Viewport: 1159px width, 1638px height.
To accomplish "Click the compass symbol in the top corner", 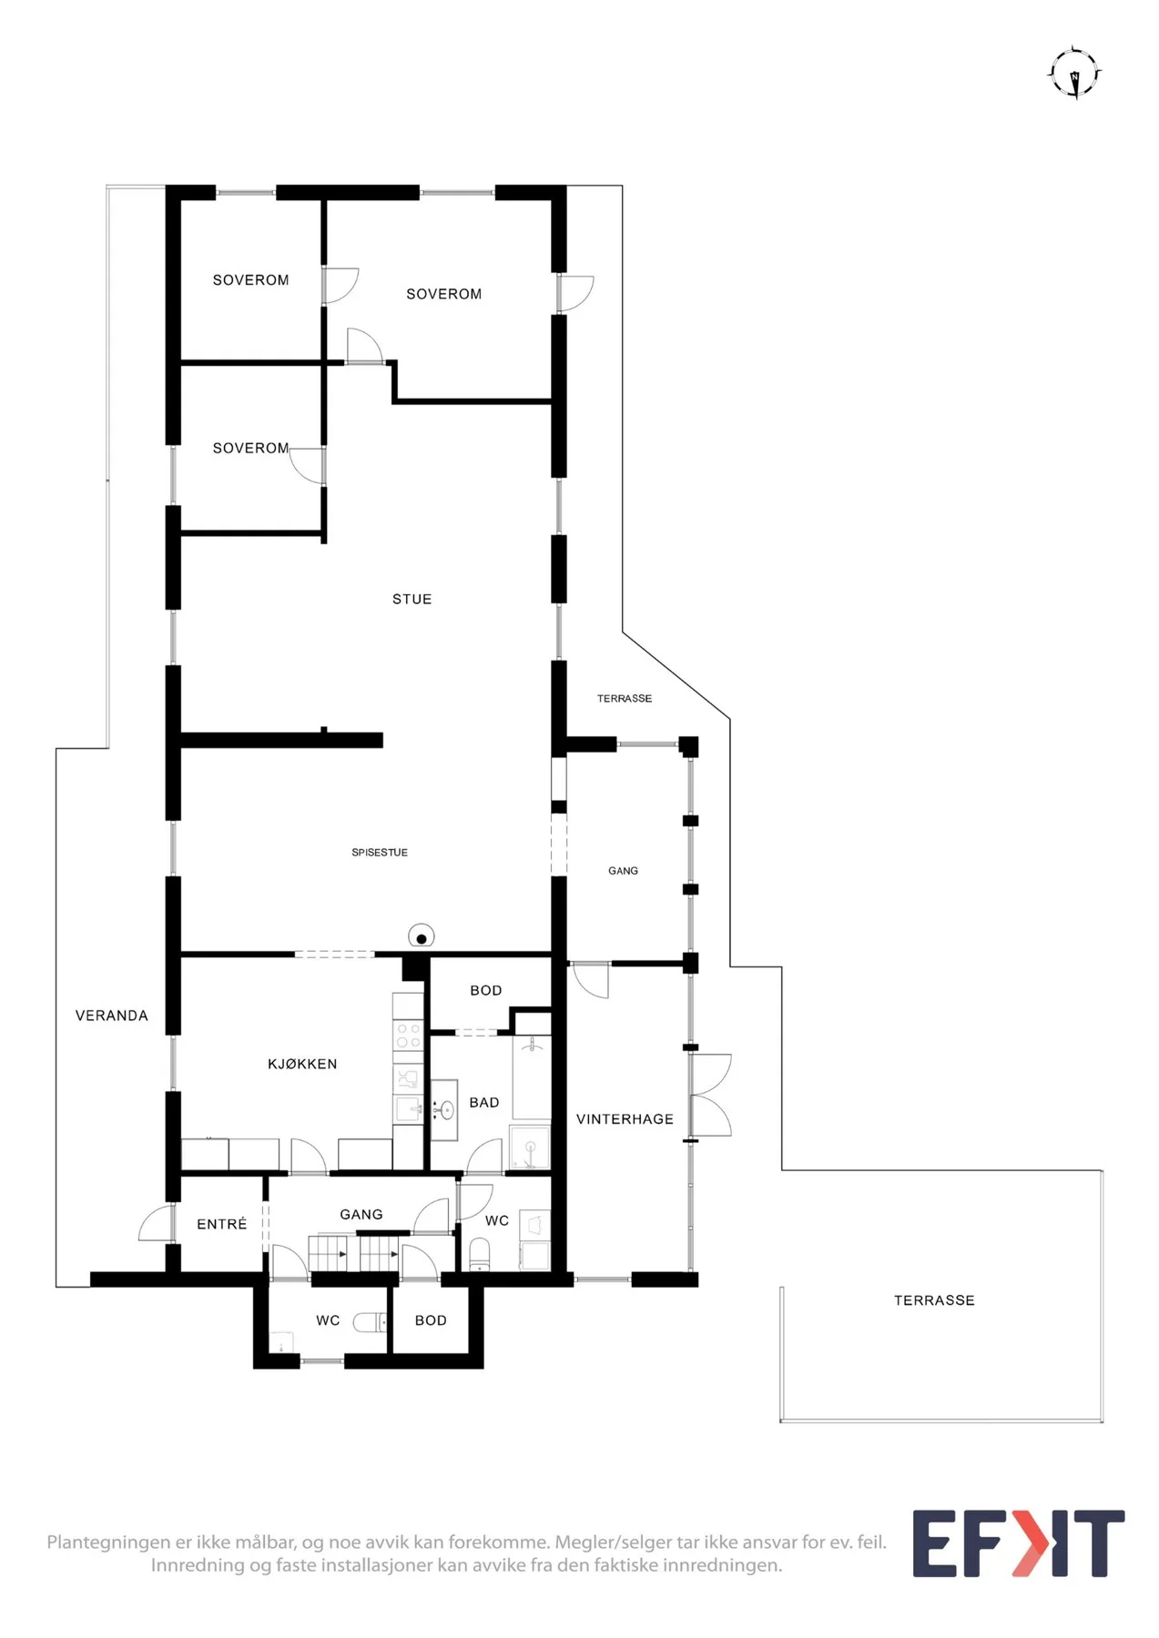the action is pos(1075,73).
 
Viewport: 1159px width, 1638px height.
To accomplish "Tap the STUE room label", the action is pos(412,599).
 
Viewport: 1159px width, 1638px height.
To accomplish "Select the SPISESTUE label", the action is pos(380,853).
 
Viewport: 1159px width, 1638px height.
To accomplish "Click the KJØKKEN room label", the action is pos(302,1064).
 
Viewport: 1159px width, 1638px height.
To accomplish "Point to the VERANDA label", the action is pos(111,1016).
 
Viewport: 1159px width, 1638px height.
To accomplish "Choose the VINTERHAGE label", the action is pos(625,1119).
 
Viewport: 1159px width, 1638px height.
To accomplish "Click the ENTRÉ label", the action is pos(222,1224).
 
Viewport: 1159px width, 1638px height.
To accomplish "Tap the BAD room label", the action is pos(484,1103).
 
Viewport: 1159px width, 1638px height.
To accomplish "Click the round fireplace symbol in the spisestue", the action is pos(421,936).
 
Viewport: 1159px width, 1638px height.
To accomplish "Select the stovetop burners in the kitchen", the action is pos(408,1036).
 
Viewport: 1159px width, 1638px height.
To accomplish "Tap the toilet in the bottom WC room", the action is pos(370,1321).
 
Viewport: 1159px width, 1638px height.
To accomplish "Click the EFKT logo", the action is pos(1019,1543).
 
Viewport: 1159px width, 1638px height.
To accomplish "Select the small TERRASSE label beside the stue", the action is pos(625,699).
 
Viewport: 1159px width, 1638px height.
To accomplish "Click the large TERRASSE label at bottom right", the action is pos(934,1300).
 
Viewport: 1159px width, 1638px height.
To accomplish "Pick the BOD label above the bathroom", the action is pos(486,990).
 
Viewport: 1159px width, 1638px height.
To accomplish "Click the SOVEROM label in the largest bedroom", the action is pos(444,294).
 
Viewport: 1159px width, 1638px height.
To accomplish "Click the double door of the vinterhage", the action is pos(711,1095).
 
